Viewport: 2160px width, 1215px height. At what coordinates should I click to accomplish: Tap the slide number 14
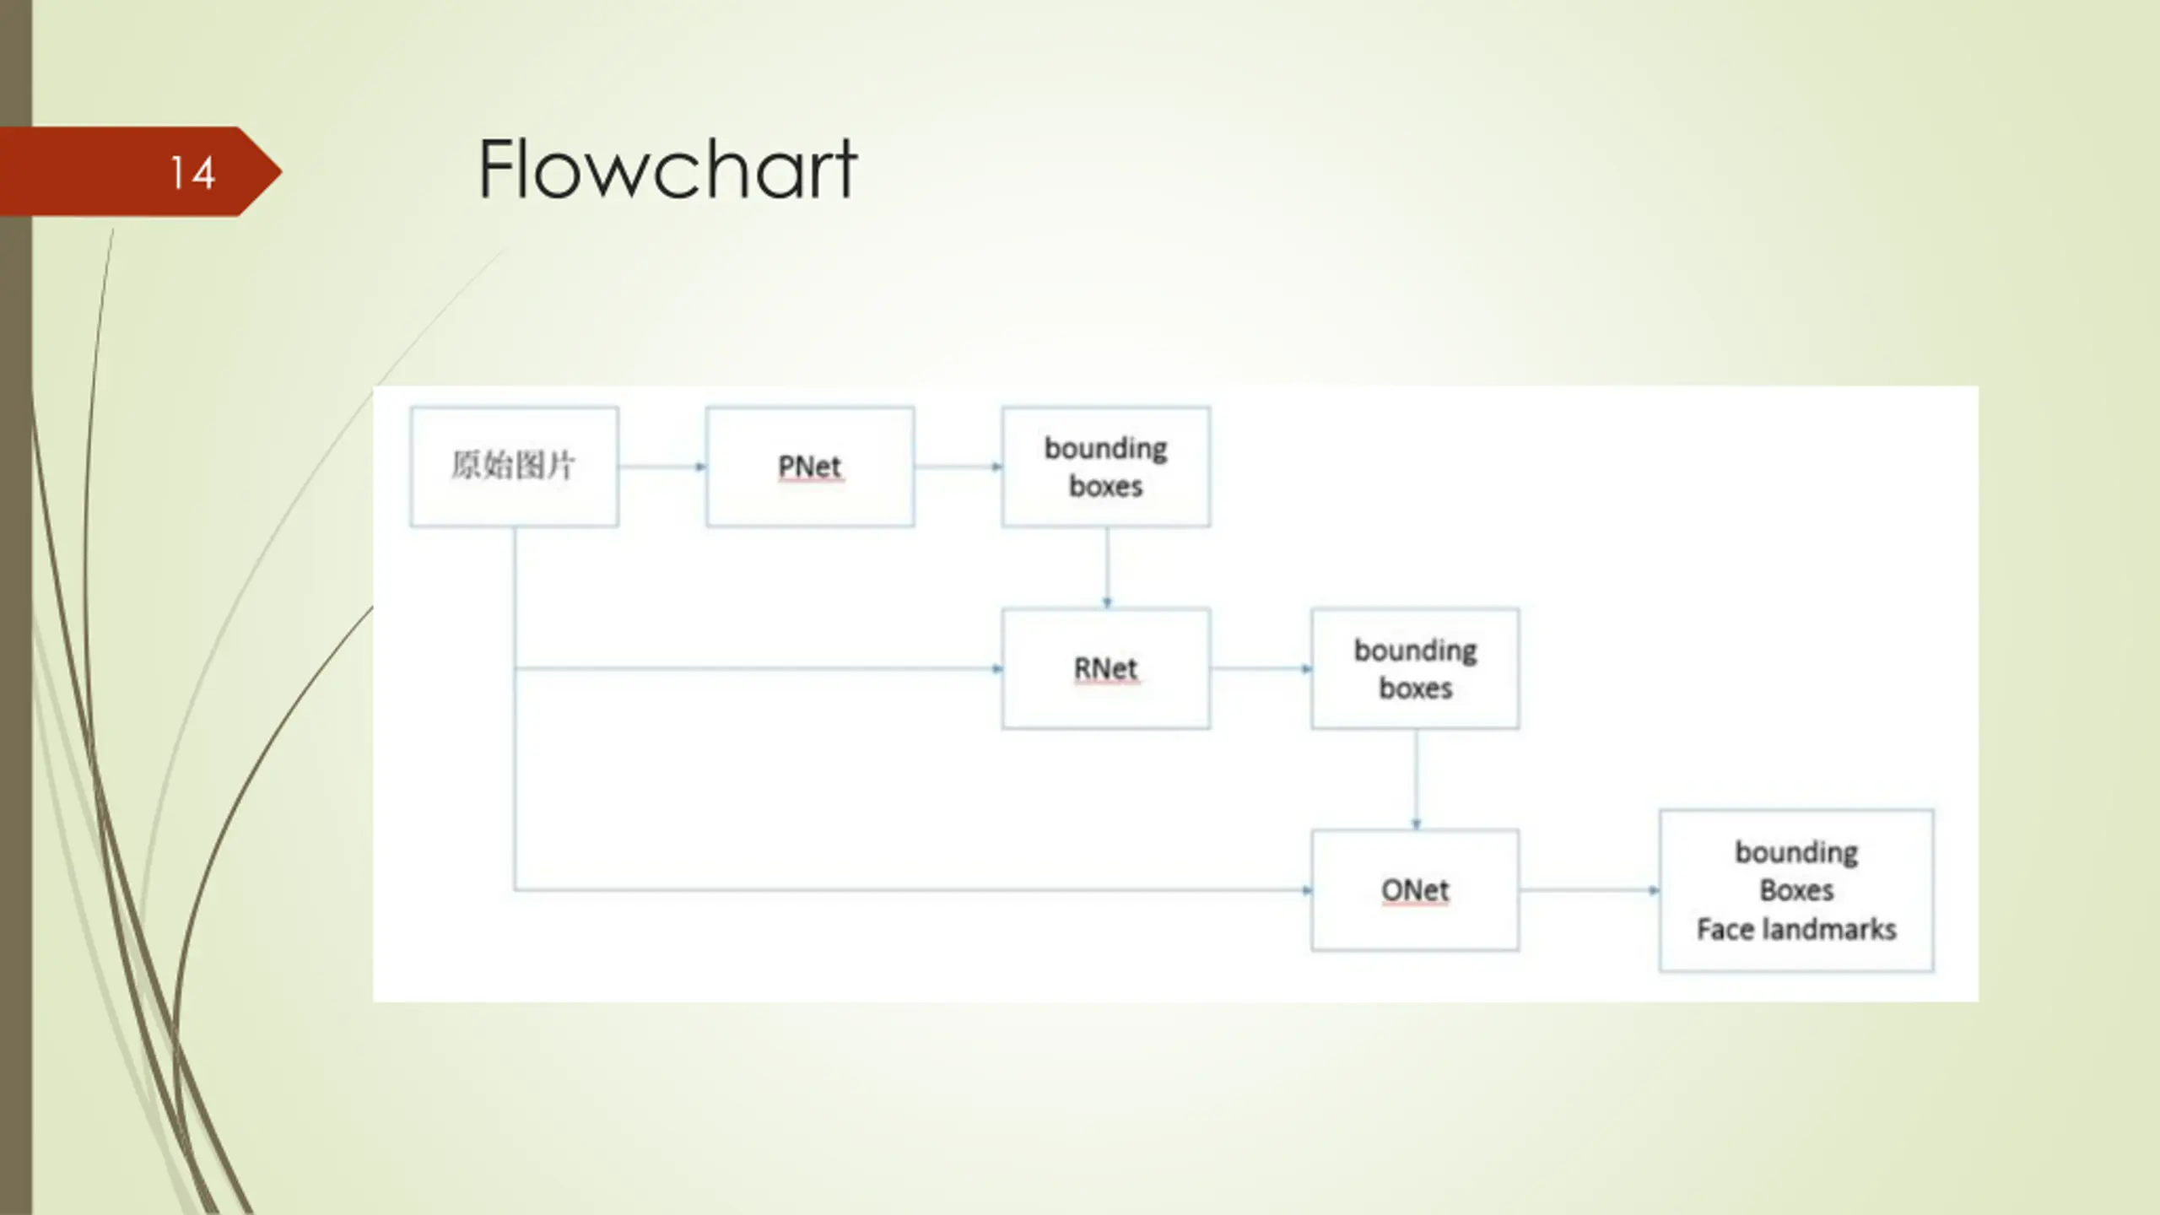[x=192, y=173]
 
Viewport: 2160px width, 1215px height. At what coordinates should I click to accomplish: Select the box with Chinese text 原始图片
[x=514, y=467]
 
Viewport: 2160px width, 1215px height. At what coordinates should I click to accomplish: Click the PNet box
[x=810, y=467]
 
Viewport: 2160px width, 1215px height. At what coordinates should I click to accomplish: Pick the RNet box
[x=1106, y=668]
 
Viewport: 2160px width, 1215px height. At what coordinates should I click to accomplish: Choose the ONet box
[x=1415, y=890]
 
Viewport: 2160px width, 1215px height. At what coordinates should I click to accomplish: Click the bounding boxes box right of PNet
[x=1106, y=467]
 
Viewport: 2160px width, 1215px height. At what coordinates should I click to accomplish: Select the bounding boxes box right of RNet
[x=1415, y=668]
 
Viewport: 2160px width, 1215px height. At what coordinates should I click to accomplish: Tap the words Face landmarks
[x=1796, y=929]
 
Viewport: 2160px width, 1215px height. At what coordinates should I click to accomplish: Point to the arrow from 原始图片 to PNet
[x=662, y=467]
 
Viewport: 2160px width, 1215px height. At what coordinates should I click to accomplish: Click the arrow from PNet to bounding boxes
[x=958, y=467]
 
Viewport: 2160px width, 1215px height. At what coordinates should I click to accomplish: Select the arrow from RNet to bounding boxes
[x=1261, y=669]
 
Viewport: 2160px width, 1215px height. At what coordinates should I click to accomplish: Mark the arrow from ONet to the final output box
[x=1590, y=890]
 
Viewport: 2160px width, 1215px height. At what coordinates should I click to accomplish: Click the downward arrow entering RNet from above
[x=1107, y=568]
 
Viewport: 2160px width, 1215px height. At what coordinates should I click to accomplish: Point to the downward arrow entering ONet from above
[x=1416, y=780]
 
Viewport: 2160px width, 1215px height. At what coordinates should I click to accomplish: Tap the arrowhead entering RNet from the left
[x=997, y=669]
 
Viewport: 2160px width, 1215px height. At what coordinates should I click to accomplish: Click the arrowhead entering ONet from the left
[x=1307, y=890]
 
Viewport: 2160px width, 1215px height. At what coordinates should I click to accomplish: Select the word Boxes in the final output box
[x=1796, y=890]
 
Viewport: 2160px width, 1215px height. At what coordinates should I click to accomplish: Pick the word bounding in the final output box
[x=1796, y=853]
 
